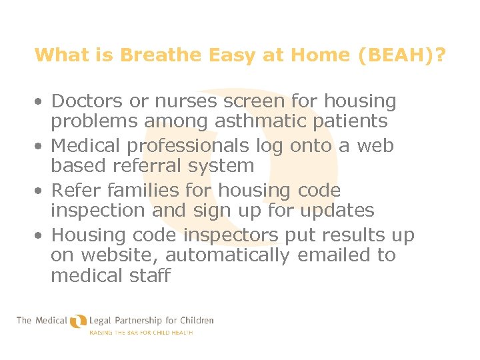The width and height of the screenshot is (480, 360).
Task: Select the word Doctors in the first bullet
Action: pos(87,101)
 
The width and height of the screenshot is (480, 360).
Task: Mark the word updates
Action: pos(337,211)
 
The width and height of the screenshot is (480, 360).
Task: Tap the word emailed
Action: pos(326,255)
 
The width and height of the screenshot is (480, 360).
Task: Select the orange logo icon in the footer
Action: pos(78,321)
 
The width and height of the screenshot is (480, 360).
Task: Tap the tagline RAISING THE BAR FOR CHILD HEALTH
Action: pos(141,332)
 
